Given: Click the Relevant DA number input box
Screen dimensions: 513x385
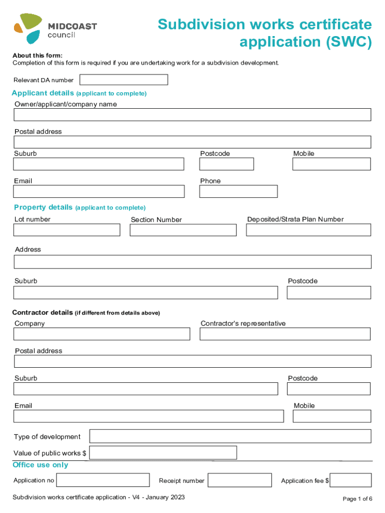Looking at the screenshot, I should [x=123, y=80].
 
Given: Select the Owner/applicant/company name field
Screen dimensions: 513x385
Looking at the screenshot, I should [x=192, y=115].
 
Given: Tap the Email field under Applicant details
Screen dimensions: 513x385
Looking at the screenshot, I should [x=99, y=191].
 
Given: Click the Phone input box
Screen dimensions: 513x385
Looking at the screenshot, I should [x=238, y=191].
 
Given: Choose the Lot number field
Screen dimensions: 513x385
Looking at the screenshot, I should [x=66, y=230].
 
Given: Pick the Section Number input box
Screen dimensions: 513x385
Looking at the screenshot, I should [x=183, y=230].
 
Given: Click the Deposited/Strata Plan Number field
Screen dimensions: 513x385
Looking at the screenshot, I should [x=308, y=230].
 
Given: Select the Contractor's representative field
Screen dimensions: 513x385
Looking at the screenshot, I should [x=285, y=334].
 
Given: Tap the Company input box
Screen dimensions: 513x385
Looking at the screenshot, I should [x=102, y=334].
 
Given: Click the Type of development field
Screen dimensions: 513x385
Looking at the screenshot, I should [x=230, y=436].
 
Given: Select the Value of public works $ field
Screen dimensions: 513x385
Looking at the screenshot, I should [x=163, y=453].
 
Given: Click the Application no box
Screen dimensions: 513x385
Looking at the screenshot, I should [x=103, y=480].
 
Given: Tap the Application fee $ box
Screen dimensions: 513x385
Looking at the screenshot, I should [x=350, y=480].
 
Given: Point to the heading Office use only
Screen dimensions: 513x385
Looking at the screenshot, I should [x=40, y=465].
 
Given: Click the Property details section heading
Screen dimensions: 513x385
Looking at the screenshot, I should [x=43, y=207].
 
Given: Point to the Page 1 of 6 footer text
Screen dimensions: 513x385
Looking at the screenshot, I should [x=357, y=498].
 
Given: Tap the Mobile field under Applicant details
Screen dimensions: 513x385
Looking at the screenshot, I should [x=331, y=164].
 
